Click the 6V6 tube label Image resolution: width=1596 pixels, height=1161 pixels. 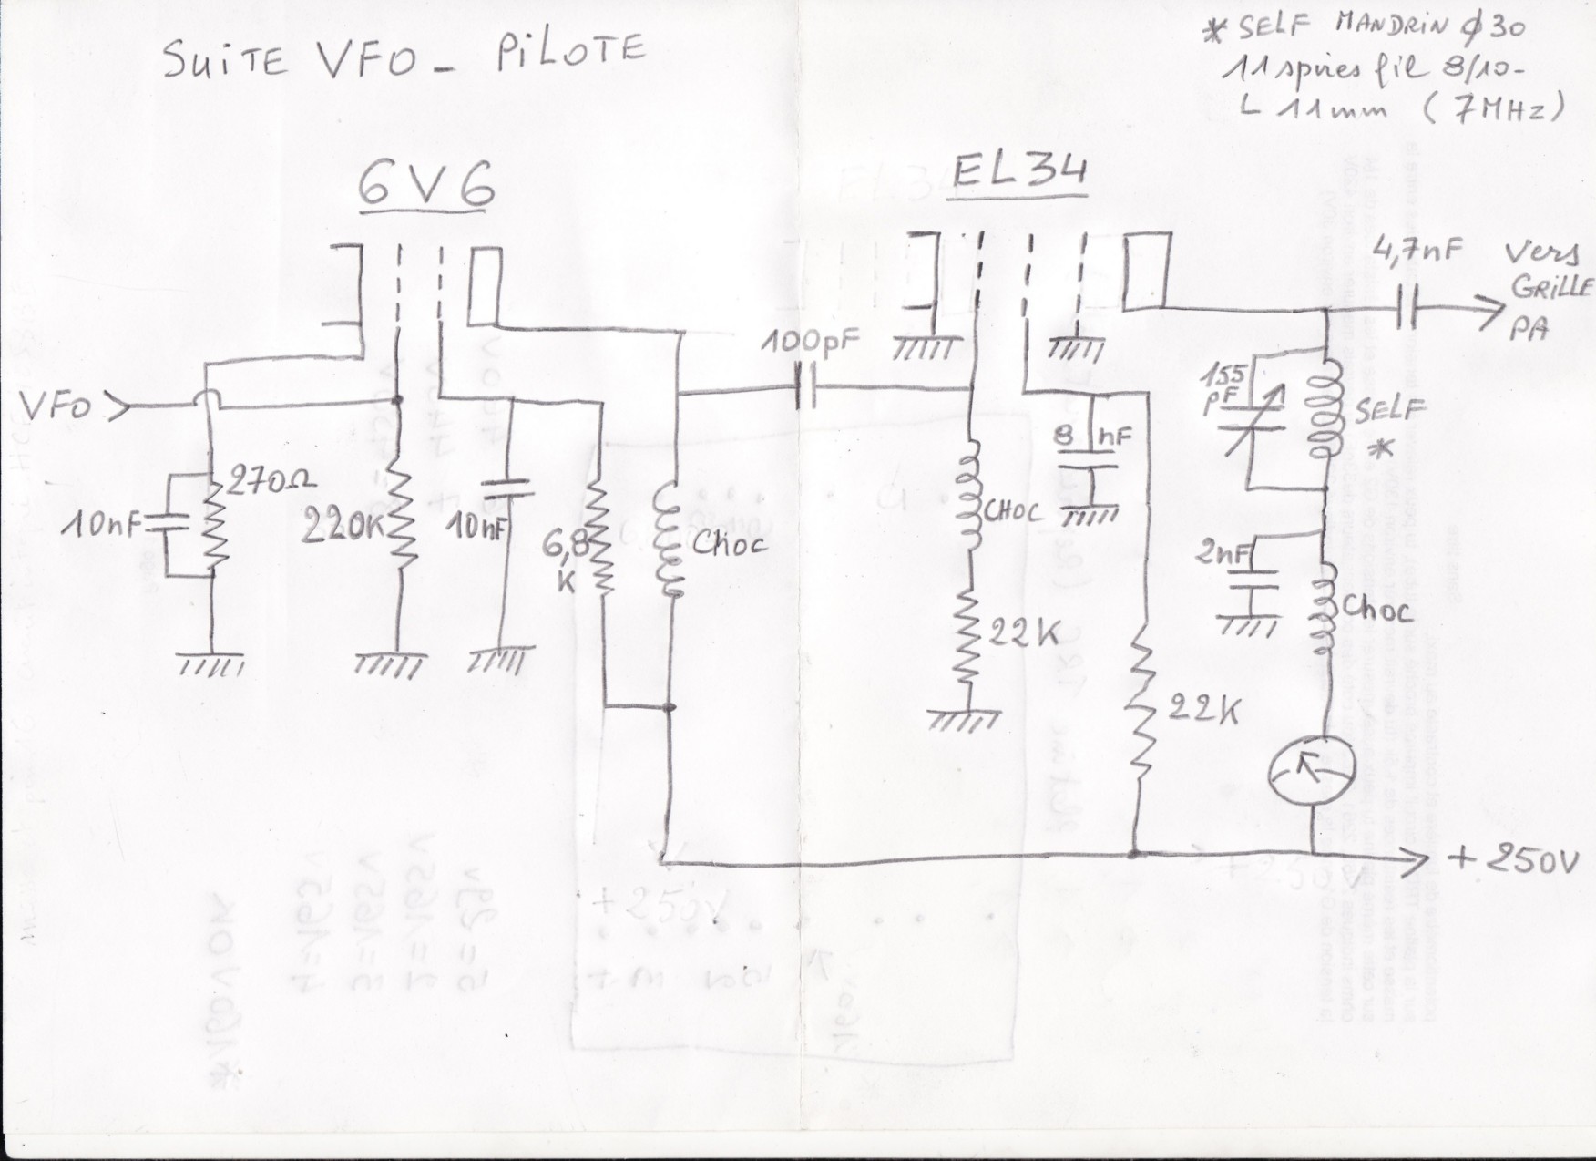(426, 186)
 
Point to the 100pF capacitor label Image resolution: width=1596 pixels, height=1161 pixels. (812, 344)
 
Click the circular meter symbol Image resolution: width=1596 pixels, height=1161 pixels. (1311, 771)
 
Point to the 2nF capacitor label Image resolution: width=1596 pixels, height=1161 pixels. (1223, 553)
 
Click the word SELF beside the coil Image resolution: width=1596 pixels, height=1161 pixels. (1387, 412)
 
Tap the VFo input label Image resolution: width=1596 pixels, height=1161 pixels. (56, 407)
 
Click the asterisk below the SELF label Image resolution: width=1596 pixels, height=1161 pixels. (1383, 449)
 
